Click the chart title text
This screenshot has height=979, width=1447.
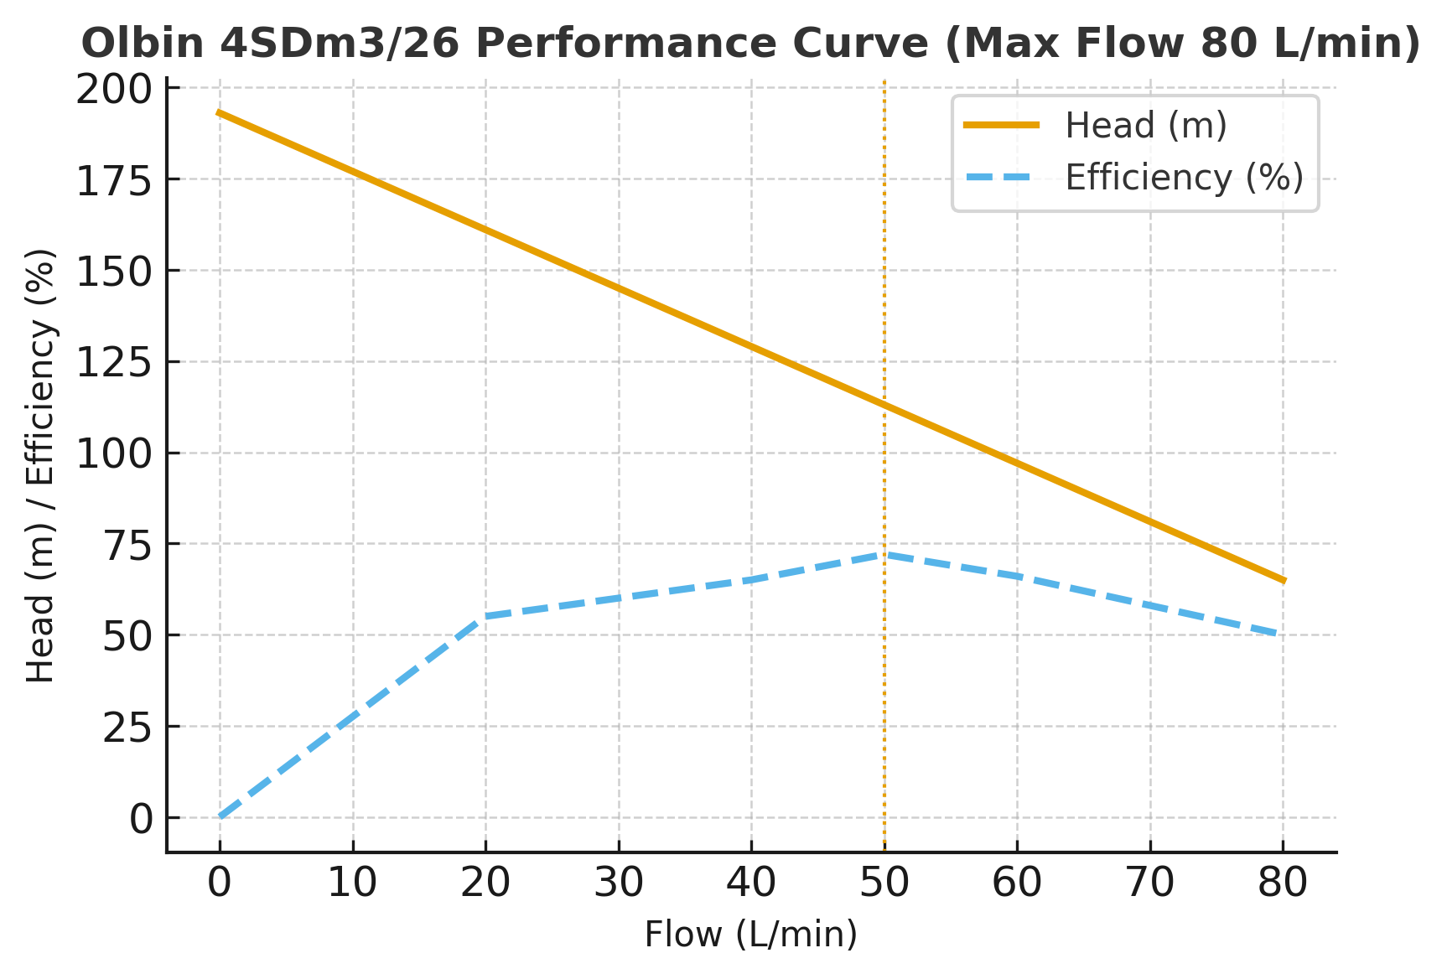750,44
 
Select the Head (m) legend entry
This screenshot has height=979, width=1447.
1145,126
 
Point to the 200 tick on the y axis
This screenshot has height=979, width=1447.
115,89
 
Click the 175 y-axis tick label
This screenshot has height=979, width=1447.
115,180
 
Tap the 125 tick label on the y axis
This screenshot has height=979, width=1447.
115,362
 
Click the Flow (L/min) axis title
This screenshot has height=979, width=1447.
750,935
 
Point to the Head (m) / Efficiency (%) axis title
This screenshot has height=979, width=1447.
40,465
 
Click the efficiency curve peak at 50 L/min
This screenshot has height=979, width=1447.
884,555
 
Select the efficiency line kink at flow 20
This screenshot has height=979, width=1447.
485,617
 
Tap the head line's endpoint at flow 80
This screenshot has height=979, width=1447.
1283,580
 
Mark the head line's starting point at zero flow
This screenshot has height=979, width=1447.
220,112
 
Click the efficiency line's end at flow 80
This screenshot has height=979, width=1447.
1283,635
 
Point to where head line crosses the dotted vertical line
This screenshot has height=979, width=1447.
884,405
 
